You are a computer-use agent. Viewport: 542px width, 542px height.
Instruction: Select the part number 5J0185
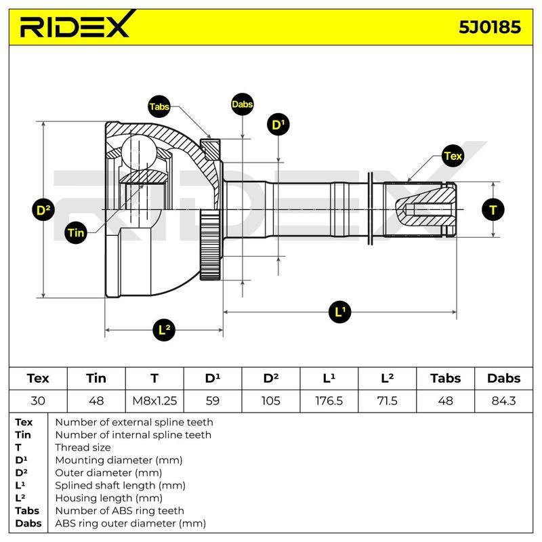489,27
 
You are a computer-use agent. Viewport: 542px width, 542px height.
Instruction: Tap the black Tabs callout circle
159,106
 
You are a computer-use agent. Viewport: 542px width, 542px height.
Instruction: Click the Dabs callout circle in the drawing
243,104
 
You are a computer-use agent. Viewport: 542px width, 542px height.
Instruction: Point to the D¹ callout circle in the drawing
278,125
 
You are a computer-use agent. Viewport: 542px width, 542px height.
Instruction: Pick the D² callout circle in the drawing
43,209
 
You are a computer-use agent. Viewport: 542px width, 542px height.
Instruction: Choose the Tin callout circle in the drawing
76,232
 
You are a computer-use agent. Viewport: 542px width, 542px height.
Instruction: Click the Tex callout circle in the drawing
453,156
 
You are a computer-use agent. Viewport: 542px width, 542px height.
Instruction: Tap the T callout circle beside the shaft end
493,209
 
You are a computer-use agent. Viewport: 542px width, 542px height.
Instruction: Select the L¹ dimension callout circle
340,312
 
